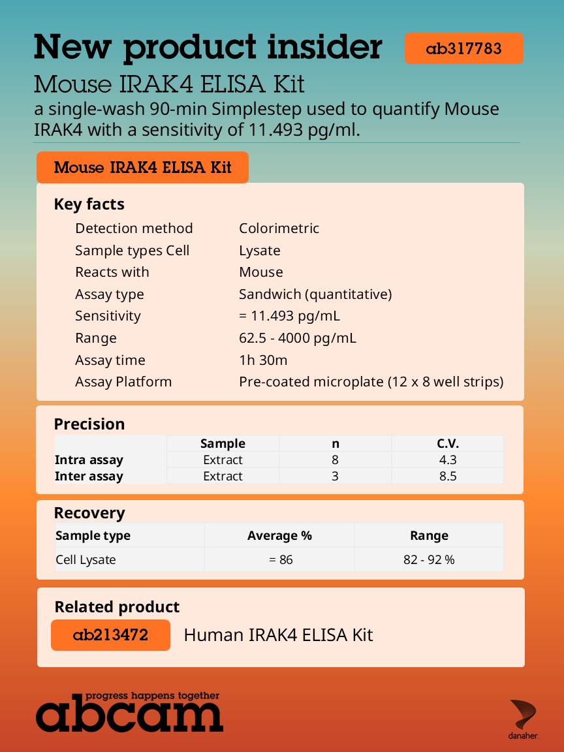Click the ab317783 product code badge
(x=463, y=48)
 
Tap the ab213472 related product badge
(x=110, y=635)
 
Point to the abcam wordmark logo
(x=129, y=712)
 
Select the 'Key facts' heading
(x=89, y=204)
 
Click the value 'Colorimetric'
(x=279, y=228)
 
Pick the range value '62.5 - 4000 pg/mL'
(x=297, y=338)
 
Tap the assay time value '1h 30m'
(x=262, y=360)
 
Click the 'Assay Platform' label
(x=123, y=382)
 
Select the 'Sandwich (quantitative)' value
(x=315, y=294)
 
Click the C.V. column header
(x=447, y=444)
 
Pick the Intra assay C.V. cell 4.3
(x=447, y=460)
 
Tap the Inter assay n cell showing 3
(x=335, y=477)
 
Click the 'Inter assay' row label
(x=89, y=477)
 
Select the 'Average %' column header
(x=279, y=536)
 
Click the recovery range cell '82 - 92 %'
(x=429, y=560)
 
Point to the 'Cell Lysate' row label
(x=86, y=560)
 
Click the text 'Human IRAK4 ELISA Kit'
(x=278, y=635)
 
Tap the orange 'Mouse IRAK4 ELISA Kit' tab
(x=142, y=168)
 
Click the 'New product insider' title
(x=208, y=47)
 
